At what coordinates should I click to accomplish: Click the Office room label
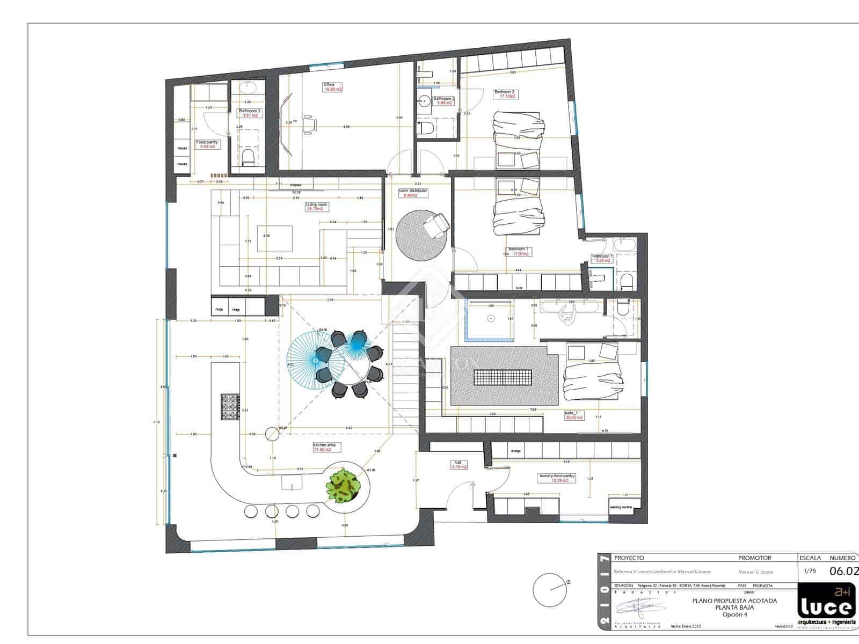329,85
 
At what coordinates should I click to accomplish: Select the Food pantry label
206,143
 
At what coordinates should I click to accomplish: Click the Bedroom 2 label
504,92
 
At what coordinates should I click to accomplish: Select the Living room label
316,205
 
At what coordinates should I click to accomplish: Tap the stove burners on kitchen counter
230,407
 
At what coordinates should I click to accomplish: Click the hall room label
458,463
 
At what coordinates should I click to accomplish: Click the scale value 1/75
809,572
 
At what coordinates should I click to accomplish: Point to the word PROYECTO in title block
629,558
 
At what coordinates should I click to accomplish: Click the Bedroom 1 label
518,249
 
